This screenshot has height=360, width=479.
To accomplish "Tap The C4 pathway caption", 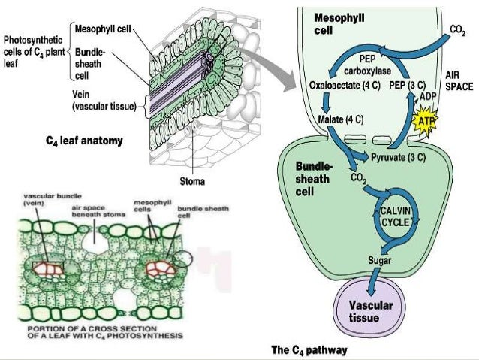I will click(x=309, y=349).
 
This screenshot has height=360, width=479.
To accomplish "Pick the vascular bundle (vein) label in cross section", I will click(x=41, y=199).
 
